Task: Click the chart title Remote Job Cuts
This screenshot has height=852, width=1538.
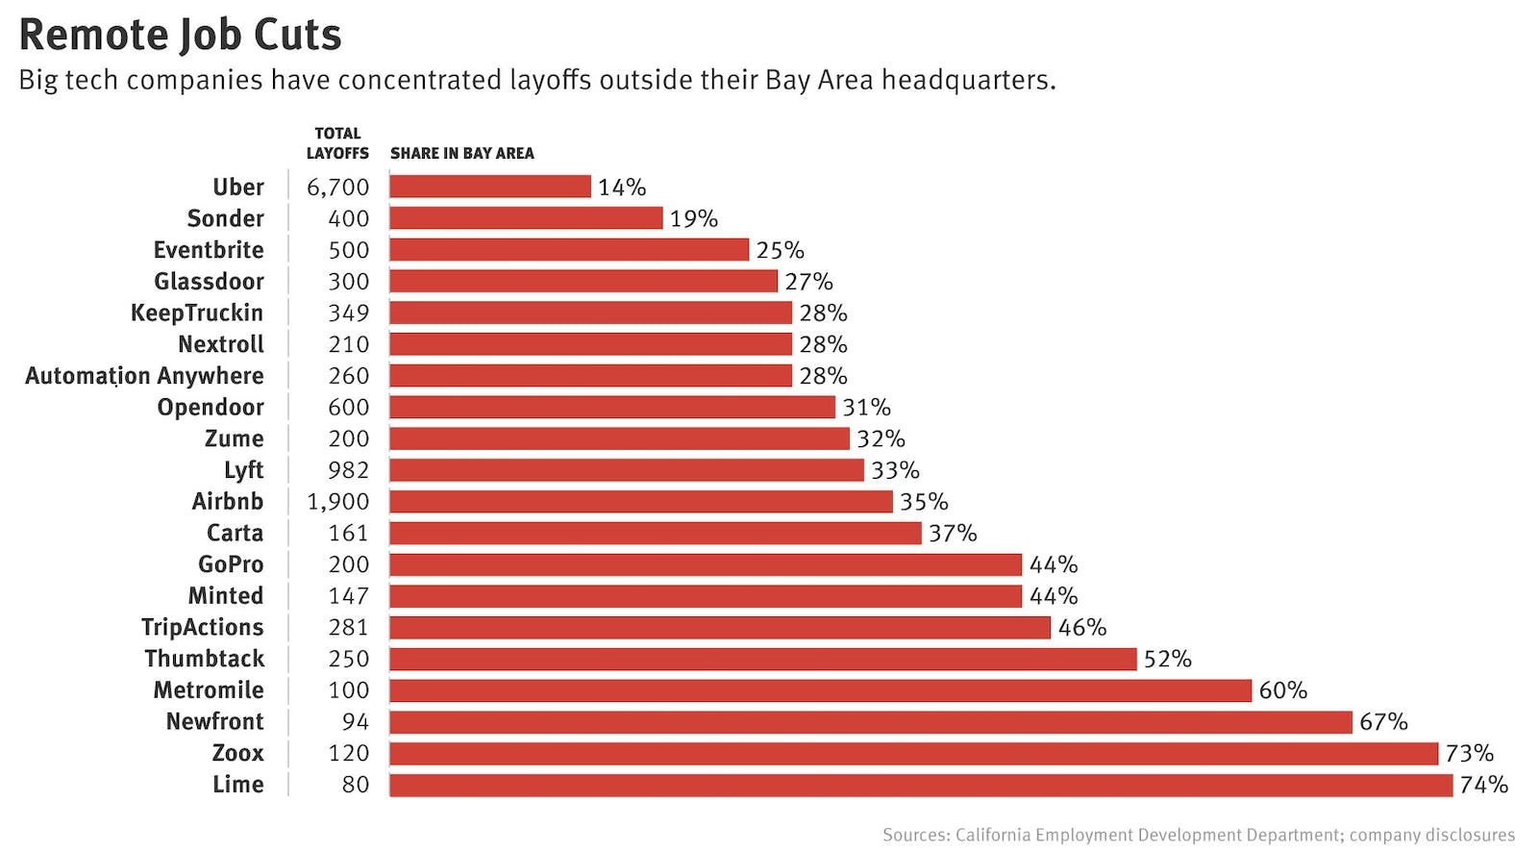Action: [x=180, y=35]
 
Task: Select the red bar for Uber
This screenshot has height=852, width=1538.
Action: [x=490, y=187]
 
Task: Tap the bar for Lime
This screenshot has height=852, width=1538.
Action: [x=921, y=785]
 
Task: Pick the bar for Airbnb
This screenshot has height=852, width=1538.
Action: [x=641, y=502]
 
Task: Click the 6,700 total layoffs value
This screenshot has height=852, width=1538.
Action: [x=337, y=188]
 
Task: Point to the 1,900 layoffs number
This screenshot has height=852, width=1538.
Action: [x=337, y=502]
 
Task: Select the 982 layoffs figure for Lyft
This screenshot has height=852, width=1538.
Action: [x=348, y=470]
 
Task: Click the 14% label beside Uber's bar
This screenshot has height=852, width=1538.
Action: [x=622, y=188]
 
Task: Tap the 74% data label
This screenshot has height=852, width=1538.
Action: [x=1483, y=785]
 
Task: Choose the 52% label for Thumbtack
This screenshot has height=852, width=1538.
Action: [x=1167, y=659]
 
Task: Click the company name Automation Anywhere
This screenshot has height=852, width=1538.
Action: [x=144, y=376]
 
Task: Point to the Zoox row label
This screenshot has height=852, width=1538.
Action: [x=237, y=753]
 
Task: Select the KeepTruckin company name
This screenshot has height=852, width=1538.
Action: [x=197, y=313]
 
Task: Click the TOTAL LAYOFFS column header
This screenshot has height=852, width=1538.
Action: [x=337, y=143]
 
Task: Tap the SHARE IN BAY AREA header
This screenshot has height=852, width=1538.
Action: [x=462, y=153]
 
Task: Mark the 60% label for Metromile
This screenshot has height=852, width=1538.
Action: [x=1282, y=690]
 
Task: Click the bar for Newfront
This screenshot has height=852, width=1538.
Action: [x=871, y=722]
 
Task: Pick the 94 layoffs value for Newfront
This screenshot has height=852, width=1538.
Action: [x=355, y=722]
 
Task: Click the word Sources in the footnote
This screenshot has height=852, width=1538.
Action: [x=914, y=835]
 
